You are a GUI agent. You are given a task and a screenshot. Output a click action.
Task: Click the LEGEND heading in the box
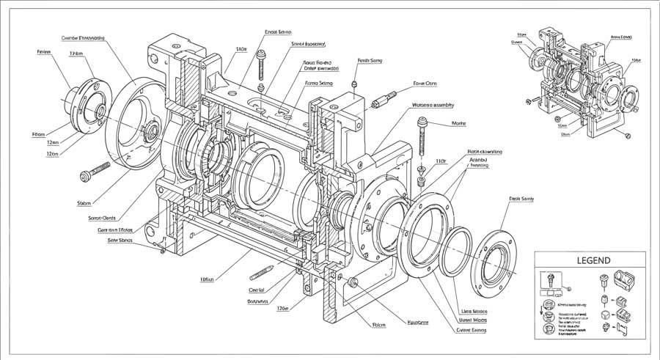(589, 260)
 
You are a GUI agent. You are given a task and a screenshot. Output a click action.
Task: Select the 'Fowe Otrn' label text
(424, 83)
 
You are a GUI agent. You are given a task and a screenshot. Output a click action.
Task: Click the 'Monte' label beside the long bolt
(459, 124)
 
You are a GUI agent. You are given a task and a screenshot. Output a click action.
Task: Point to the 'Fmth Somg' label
(369, 61)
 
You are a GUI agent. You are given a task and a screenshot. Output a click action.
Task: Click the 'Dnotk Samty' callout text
(519, 199)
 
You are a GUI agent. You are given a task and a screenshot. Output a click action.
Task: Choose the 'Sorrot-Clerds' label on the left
(102, 217)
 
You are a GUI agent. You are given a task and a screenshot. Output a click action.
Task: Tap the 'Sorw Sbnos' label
(120, 240)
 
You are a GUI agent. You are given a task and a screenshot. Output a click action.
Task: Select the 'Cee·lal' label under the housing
(257, 290)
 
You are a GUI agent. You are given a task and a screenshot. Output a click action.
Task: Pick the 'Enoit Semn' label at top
(278, 32)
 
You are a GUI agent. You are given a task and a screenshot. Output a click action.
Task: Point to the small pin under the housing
(262, 273)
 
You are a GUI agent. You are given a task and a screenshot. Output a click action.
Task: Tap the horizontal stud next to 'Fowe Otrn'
(384, 98)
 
